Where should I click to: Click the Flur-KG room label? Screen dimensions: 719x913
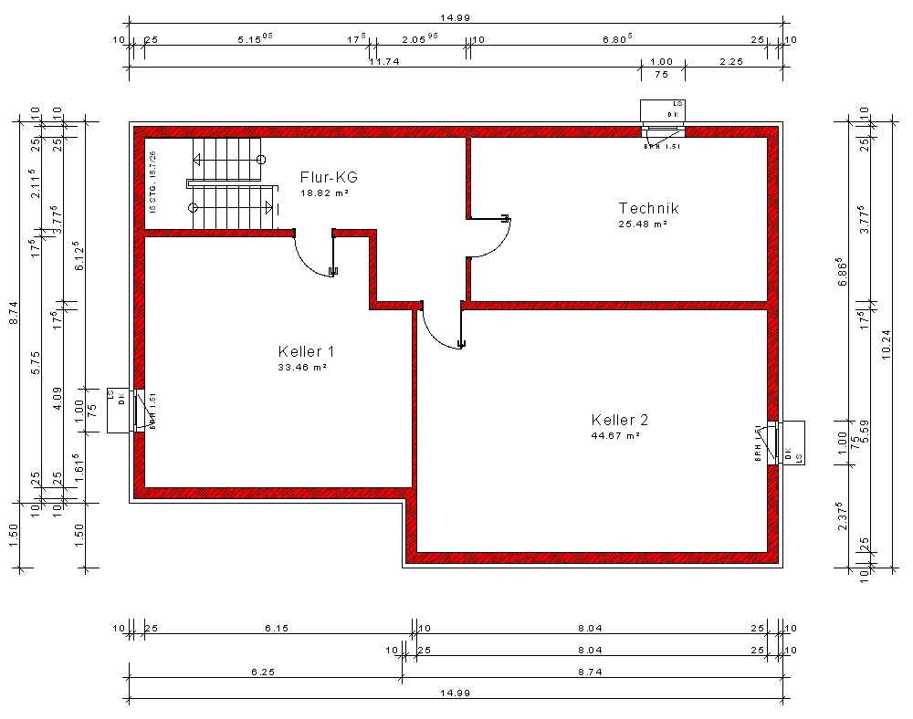click(329, 177)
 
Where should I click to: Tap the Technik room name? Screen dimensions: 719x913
click(648, 208)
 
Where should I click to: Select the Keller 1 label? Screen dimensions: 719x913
click(307, 351)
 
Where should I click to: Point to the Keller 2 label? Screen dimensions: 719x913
click(619, 420)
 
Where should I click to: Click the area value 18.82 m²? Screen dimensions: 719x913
click(324, 193)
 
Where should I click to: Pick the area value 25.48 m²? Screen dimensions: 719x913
click(643, 224)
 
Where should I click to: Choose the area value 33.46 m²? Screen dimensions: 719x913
click(302, 367)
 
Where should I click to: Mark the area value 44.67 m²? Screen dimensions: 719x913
click(614, 435)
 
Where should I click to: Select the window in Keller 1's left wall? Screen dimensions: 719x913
click(140, 410)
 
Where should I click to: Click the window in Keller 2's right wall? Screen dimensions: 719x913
click(772, 443)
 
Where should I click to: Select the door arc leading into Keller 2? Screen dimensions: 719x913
click(436, 334)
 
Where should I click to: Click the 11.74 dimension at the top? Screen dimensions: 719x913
click(387, 61)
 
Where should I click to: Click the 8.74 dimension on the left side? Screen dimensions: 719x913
click(14, 313)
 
